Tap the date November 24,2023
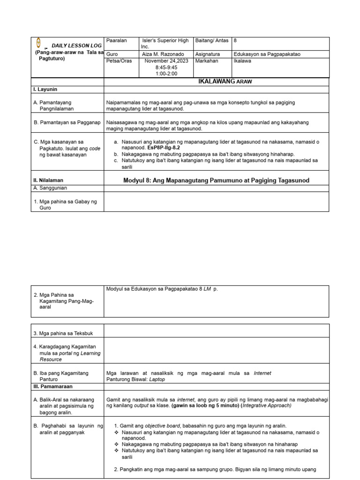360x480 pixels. click(167, 61)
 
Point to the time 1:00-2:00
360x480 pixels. click(167, 74)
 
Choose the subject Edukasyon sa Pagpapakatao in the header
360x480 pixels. click(267, 54)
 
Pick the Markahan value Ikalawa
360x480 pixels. click(242, 61)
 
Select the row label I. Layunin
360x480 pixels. click(45, 89)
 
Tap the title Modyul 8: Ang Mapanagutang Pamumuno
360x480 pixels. click(216, 180)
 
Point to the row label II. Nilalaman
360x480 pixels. click(48, 180)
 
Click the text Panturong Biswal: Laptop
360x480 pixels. click(135, 380)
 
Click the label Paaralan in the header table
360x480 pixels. click(117, 41)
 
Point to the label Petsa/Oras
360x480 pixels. click(119, 61)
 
